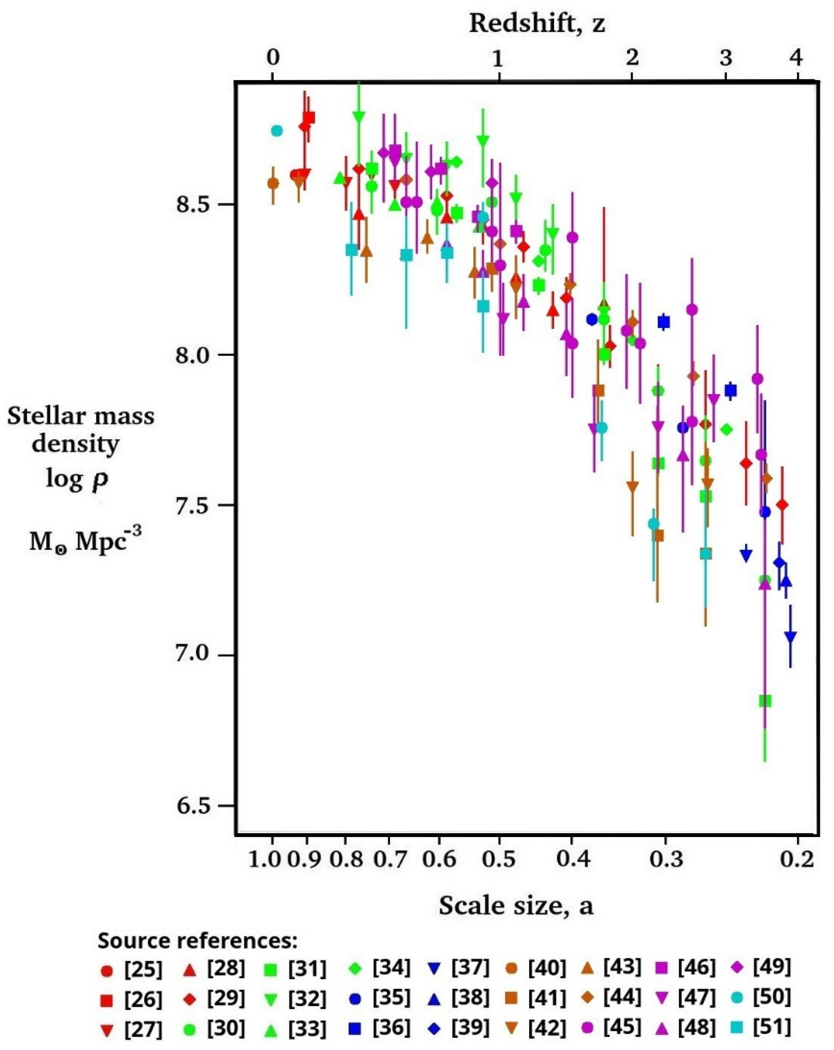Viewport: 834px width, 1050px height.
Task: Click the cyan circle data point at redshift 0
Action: point(277,130)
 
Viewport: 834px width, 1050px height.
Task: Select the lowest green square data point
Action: point(765,701)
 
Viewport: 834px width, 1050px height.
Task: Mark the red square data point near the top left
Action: point(309,117)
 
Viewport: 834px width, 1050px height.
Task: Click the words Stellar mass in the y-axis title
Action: point(80,417)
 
